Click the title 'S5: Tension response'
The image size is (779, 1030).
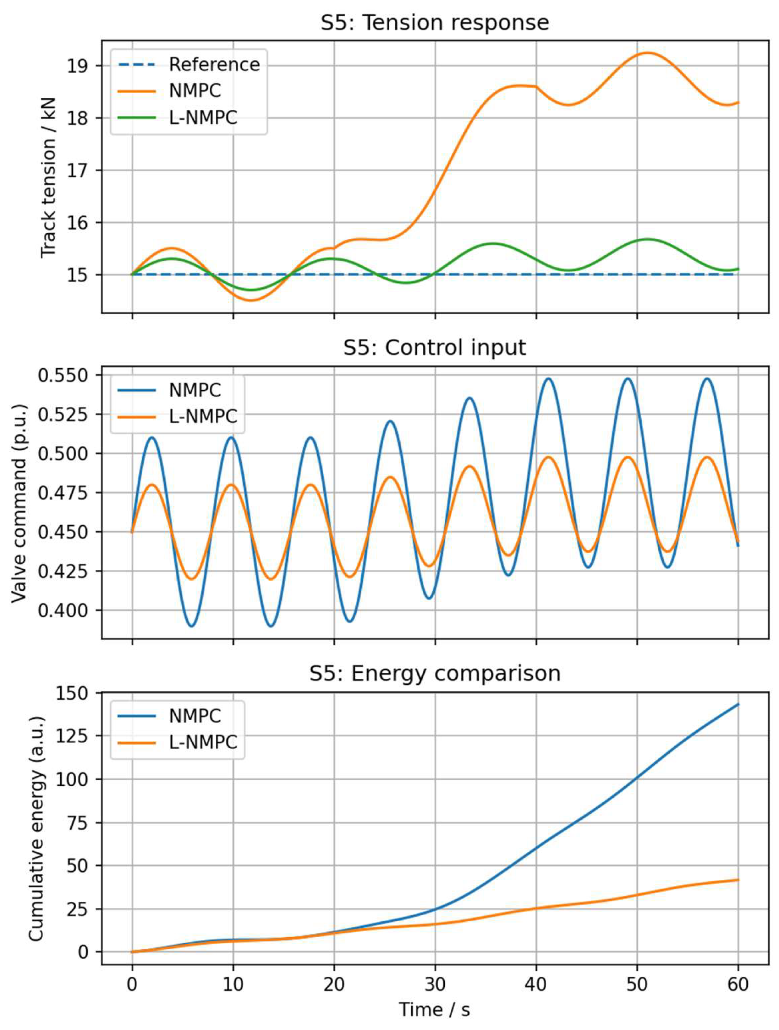(435, 23)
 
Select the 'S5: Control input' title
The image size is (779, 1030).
(435, 347)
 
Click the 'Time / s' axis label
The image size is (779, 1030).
(435, 1009)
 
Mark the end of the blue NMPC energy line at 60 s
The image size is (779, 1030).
(738, 704)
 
